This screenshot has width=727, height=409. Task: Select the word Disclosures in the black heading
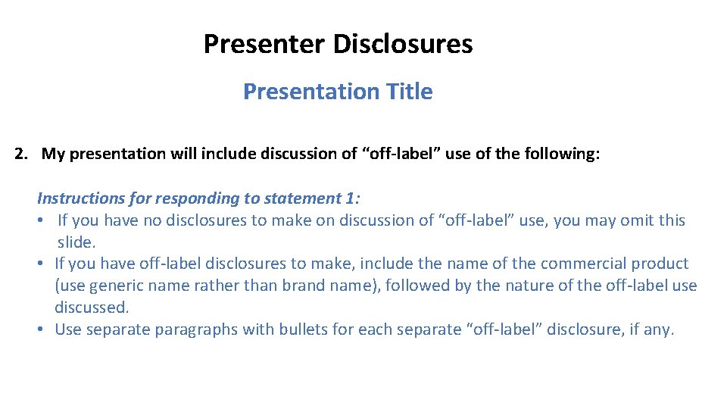(x=403, y=44)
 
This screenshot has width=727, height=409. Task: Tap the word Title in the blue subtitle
(x=408, y=92)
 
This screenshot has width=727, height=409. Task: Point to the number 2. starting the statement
(x=22, y=155)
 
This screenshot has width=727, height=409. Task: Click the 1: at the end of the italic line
(x=353, y=198)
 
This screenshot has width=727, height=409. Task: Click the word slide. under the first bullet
(x=76, y=242)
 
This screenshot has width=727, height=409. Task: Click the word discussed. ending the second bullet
(x=92, y=308)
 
